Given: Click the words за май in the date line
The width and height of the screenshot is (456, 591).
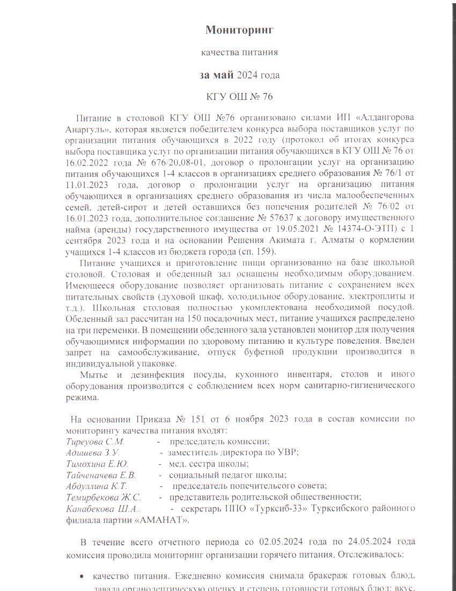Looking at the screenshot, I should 217,75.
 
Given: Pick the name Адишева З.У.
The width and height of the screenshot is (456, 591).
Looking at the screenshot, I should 92,452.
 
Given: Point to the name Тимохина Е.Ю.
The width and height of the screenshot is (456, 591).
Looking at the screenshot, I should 97,464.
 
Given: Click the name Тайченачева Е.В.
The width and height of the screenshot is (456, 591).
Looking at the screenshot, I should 101,475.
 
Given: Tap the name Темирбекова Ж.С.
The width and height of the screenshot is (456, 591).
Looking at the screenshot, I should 104,498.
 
